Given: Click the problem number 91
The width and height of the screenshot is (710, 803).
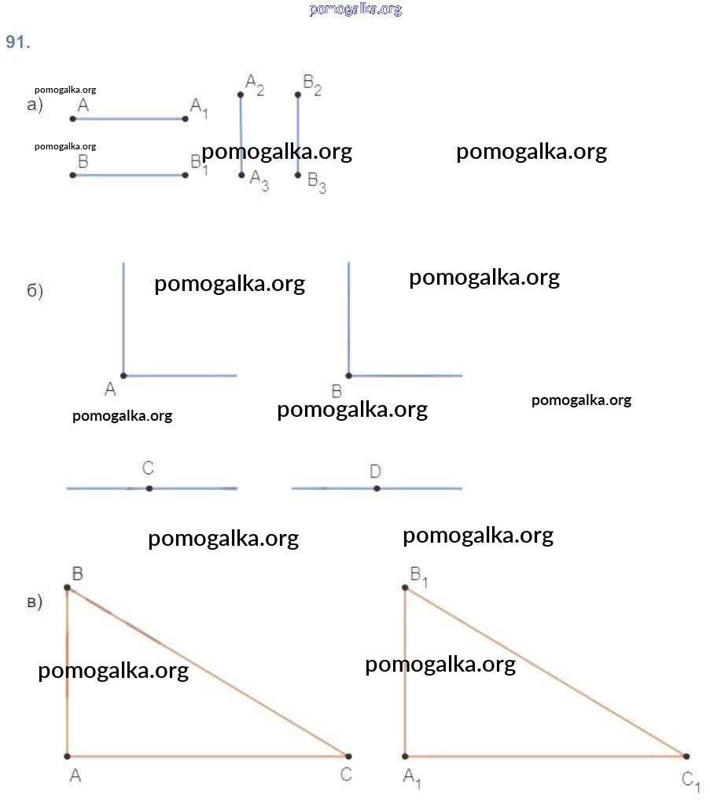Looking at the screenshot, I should [x=17, y=42].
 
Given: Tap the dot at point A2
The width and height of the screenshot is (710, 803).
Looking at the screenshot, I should [x=241, y=95].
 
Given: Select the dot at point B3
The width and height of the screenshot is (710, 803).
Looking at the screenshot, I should [x=298, y=175].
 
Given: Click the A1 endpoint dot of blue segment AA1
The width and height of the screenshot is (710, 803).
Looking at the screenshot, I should [x=186, y=119].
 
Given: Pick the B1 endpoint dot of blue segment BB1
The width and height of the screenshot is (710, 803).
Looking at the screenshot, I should [x=186, y=175].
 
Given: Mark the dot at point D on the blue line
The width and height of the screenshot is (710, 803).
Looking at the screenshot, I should [x=377, y=488].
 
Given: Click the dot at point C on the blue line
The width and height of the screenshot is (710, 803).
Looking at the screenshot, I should [x=149, y=488].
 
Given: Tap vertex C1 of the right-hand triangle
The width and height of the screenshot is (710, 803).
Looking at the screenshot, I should [x=686, y=756].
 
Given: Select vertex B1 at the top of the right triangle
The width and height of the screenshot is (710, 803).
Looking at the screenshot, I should [x=405, y=588].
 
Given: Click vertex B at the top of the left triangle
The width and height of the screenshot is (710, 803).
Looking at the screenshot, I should [x=67, y=588].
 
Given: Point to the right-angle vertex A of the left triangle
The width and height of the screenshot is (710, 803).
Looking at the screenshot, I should [x=67, y=756].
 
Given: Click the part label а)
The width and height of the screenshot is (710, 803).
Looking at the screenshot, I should [x=35, y=105].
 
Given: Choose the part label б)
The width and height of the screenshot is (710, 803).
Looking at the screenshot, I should [x=35, y=291].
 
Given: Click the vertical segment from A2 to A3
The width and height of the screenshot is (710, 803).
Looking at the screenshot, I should [x=241, y=134].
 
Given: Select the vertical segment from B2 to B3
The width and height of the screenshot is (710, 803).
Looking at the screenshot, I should [x=298, y=134].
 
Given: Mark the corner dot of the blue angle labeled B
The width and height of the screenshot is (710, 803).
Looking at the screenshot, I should [x=348, y=375].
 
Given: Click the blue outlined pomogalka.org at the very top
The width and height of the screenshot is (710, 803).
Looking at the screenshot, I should [x=355, y=9].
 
